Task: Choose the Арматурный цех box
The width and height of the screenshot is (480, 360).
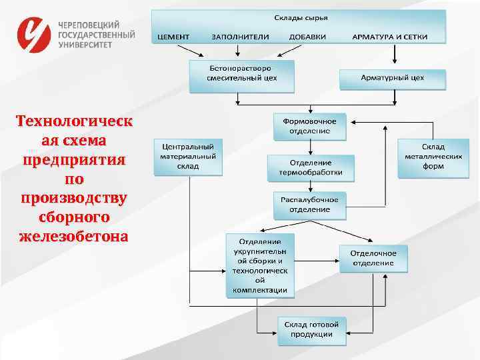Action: point(392,78)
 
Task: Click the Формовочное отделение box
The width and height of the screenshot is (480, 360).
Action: point(310,126)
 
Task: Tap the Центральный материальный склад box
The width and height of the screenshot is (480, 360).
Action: point(188,156)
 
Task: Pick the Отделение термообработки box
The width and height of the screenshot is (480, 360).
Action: point(310,167)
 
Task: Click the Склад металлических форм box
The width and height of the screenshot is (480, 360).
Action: point(433,157)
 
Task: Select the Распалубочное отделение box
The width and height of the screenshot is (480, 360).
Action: point(310,205)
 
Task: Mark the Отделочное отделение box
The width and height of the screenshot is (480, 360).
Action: point(373,258)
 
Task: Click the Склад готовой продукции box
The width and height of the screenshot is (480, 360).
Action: point(312,329)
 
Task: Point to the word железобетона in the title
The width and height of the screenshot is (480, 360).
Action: point(74,236)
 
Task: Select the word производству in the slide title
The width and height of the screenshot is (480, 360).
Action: point(74,199)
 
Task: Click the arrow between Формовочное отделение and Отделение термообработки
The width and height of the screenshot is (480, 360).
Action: point(310,147)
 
